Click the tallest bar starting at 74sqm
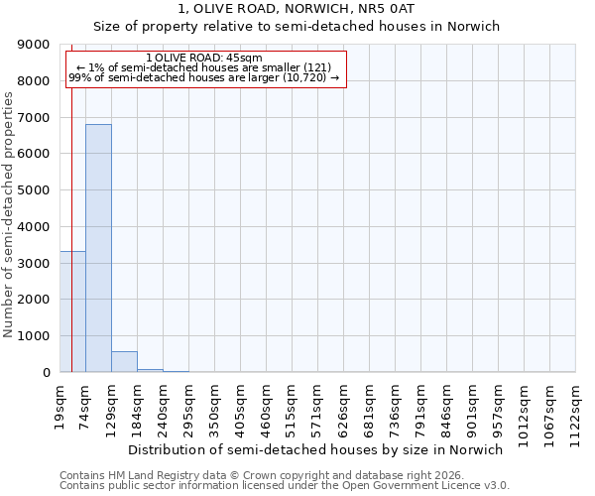[x=98, y=248]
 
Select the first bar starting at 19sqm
[x=72, y=311]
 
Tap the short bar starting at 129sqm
[x=124, y=362]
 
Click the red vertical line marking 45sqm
[x=72, y=198]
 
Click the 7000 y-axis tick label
[x=34, y=117]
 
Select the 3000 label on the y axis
[x=34, y=263]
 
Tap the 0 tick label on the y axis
[x=46, y=372]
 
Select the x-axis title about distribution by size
[x=316, y=449]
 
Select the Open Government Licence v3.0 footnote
[x=285, y=486]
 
